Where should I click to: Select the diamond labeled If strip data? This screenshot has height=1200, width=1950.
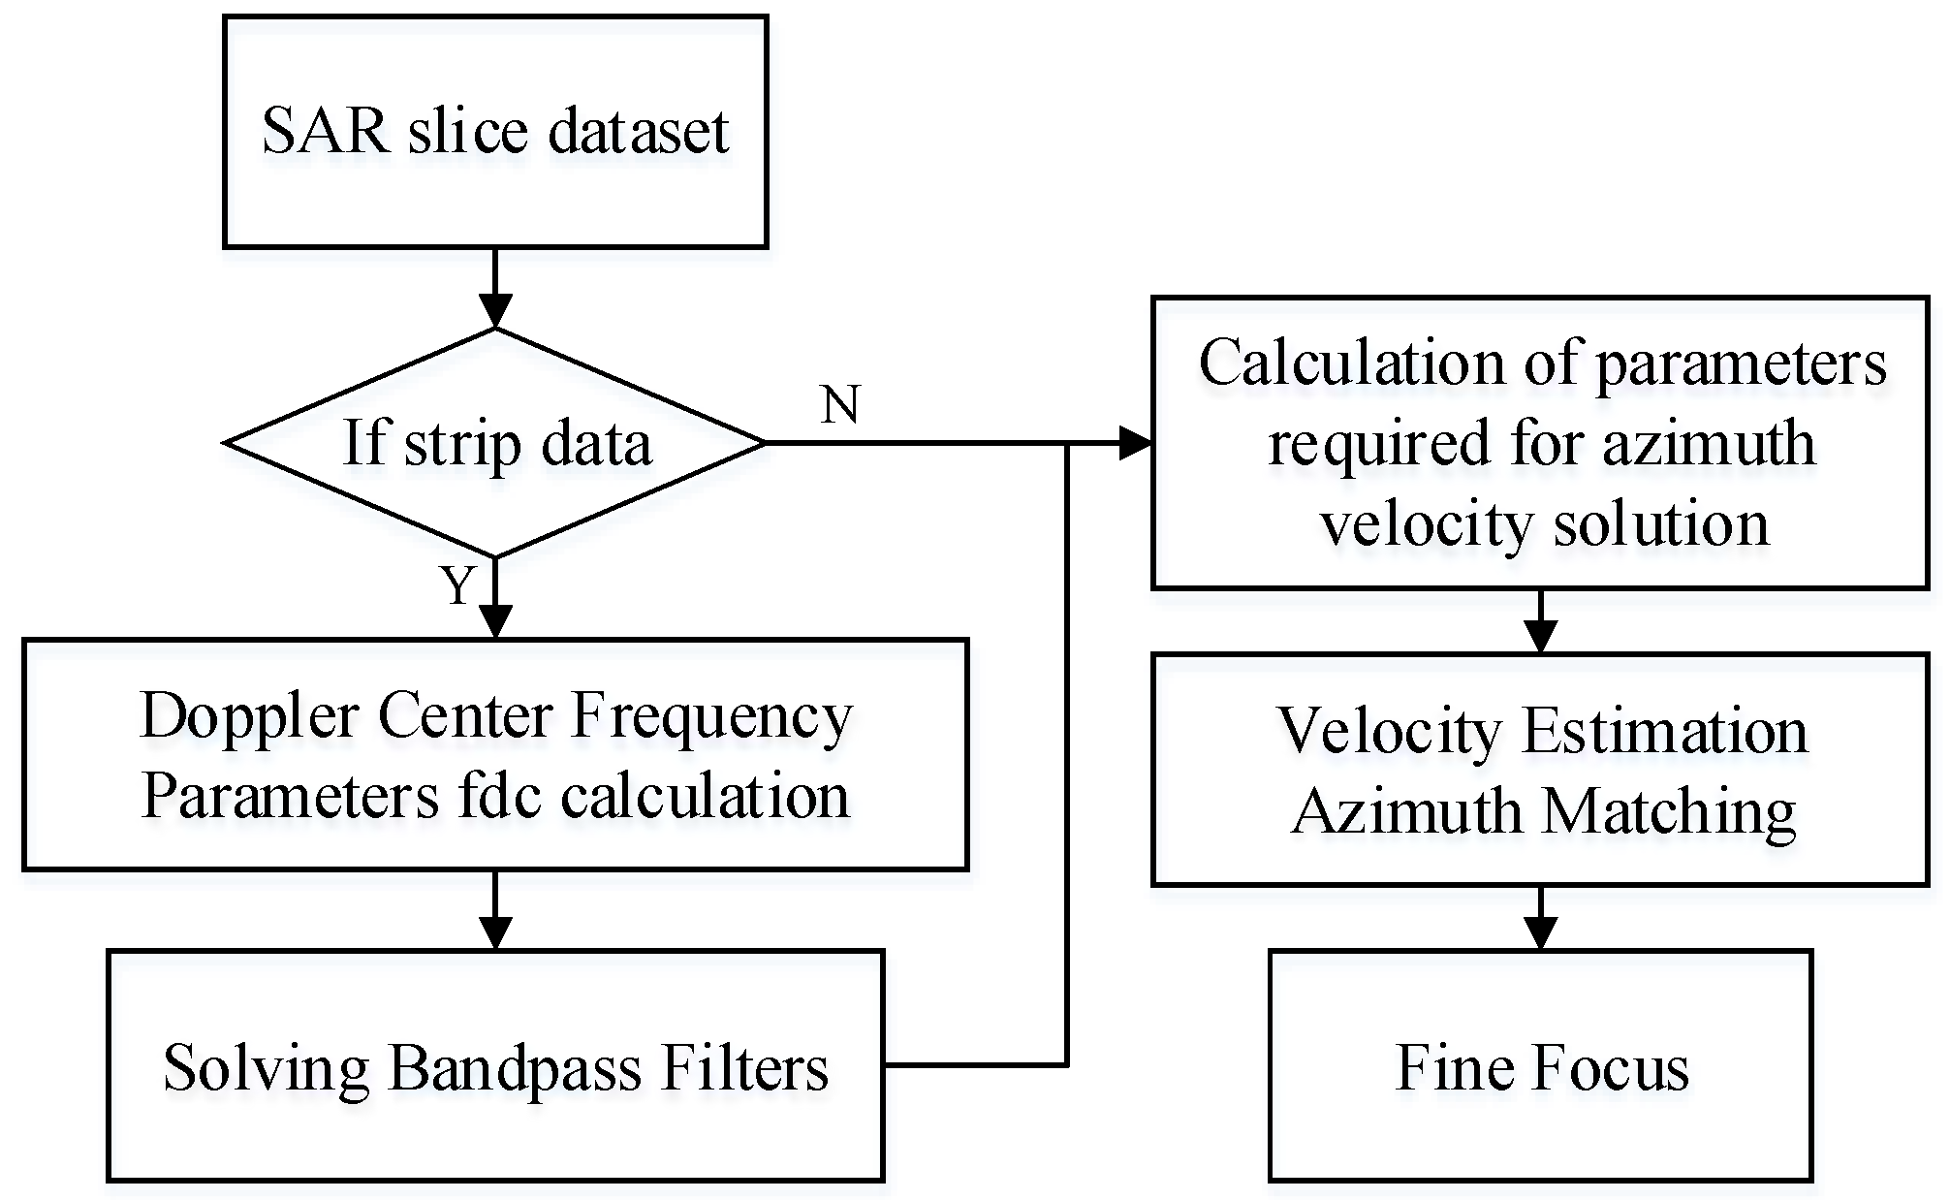(495, 443)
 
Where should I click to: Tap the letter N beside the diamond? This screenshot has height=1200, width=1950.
(839, 404)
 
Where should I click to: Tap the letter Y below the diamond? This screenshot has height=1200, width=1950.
(457, 585)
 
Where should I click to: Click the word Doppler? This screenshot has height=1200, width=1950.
(250, 717)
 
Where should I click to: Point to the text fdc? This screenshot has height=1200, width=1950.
(498, 797)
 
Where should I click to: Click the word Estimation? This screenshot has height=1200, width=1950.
(1664, 731)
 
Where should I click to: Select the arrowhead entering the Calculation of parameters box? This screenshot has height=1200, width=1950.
(1136, 443)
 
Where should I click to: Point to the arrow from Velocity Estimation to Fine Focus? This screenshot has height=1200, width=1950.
(1540, 918)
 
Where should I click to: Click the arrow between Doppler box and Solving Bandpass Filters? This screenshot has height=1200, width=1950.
(495, 911)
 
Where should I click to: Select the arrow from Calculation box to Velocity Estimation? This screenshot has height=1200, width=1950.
(1540, 622)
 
